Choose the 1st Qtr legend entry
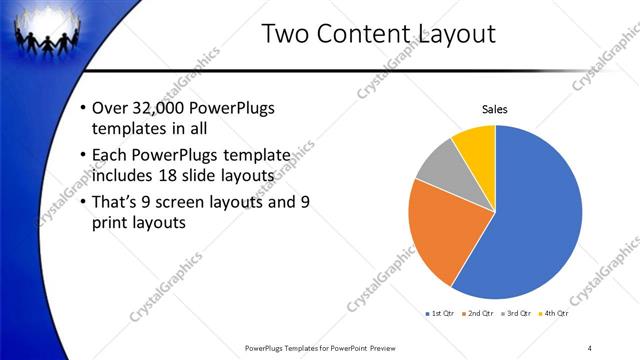coord(440,314)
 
